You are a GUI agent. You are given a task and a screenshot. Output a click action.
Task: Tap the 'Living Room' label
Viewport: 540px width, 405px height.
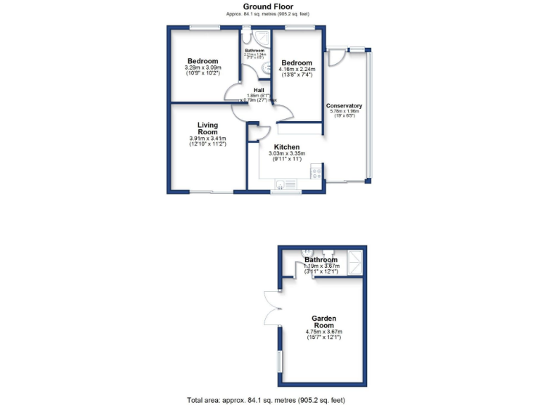tap(207, 129)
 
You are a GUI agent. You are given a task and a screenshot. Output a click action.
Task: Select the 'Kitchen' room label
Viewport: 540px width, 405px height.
tap(286, 147)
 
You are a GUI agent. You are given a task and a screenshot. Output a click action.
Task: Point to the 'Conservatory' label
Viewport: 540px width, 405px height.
tap(344, 106)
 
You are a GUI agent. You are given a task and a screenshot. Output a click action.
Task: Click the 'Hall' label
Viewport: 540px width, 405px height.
tap(259, 91)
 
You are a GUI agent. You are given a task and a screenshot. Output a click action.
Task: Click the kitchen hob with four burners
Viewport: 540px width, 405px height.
tap(317, 171)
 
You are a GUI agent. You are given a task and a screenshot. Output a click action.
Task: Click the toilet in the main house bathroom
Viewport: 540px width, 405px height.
tap(266, 67)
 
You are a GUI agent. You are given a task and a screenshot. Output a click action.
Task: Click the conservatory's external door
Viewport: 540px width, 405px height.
tap(336, 56)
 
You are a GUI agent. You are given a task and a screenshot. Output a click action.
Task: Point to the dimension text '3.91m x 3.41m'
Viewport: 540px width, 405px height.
tap(207, 139)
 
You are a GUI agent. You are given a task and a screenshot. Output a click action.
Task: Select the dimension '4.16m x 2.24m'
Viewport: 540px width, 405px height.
tap(297, 69)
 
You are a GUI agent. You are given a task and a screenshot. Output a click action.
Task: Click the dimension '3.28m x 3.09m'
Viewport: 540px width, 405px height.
tap(202, 67)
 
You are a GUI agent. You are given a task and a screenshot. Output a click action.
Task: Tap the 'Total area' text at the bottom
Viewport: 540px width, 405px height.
tap(267, 399)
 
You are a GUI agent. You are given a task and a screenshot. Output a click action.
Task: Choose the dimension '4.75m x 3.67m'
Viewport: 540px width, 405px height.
tap(323, 332)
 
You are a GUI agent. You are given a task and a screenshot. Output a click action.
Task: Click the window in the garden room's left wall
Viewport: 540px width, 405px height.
tap(280, 363)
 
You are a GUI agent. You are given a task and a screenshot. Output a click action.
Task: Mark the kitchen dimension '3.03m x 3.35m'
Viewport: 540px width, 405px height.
tap(286, 154)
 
